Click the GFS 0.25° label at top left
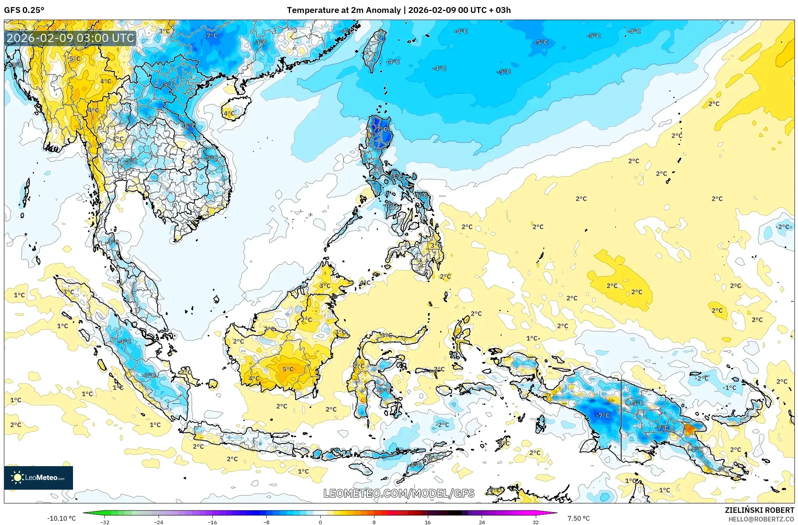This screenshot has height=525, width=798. point(24,10)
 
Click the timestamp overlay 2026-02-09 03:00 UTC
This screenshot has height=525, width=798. point(70,38)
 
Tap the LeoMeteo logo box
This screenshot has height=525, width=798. point(38,478)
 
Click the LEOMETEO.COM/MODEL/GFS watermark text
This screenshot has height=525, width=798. point(399,493)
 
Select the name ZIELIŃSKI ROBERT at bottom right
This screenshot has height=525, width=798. point(759,510)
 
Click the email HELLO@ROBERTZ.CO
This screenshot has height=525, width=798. point(761,519)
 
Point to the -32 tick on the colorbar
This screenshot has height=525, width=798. point(105,522)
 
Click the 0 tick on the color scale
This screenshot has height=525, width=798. point(320,522)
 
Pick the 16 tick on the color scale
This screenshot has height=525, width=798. point(428,522)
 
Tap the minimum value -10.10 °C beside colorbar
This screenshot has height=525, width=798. point(61,518)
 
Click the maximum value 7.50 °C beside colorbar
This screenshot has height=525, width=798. point(578,518)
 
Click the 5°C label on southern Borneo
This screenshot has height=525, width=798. point(288,369)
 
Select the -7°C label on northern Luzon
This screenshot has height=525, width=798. point(380,129)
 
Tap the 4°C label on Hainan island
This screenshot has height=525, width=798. point(229,113)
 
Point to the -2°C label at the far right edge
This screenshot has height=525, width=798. point(782,227)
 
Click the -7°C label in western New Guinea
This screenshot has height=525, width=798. point(603,415)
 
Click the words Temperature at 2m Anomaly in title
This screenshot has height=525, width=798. point(344,10)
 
